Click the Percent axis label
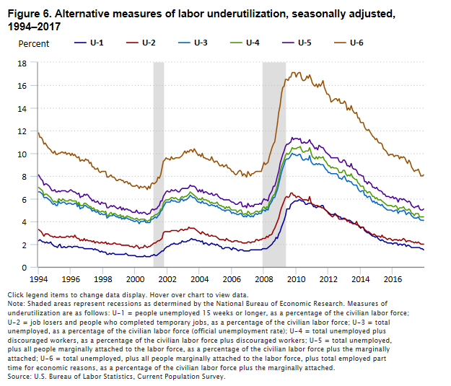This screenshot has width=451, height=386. pos(34,43)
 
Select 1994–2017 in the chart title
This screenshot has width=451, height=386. pos(33,26)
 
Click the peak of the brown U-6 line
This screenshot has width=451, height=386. pos(293,72)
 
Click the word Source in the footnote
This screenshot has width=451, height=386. pos(20,376)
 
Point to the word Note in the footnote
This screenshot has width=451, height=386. pos(17,303)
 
